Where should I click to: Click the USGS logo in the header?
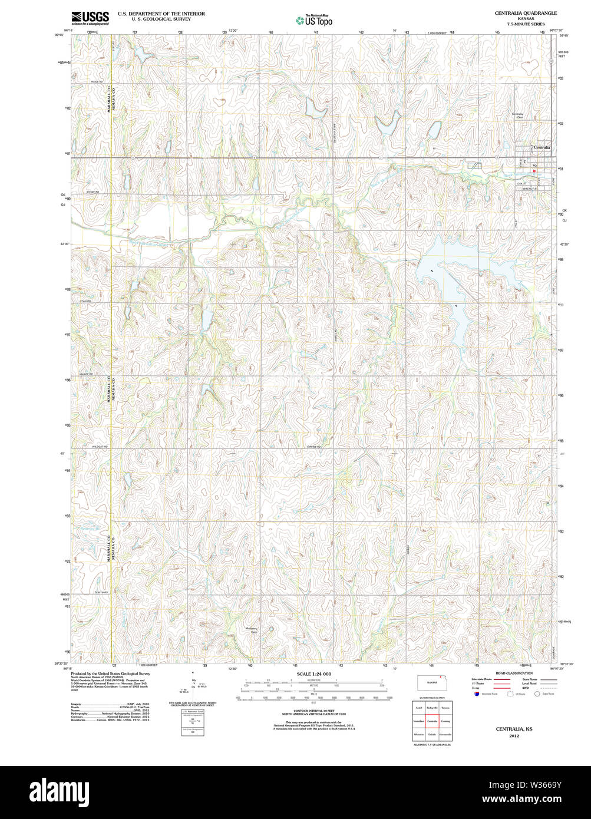point(90,18)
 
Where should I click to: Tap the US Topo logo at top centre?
point(314,21)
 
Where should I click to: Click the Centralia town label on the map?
point(542,147)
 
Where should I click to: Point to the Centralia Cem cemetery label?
point(517,115)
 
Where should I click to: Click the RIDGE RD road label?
point(97,82)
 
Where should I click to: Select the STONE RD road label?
point(93,192)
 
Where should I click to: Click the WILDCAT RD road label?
point(100,447)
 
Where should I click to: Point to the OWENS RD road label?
point(313,447)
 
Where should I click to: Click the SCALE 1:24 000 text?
point(313,674)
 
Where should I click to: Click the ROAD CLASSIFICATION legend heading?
point(514,673)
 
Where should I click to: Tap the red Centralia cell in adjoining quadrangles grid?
point(432,721)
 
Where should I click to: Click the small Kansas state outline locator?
point(432,683)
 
